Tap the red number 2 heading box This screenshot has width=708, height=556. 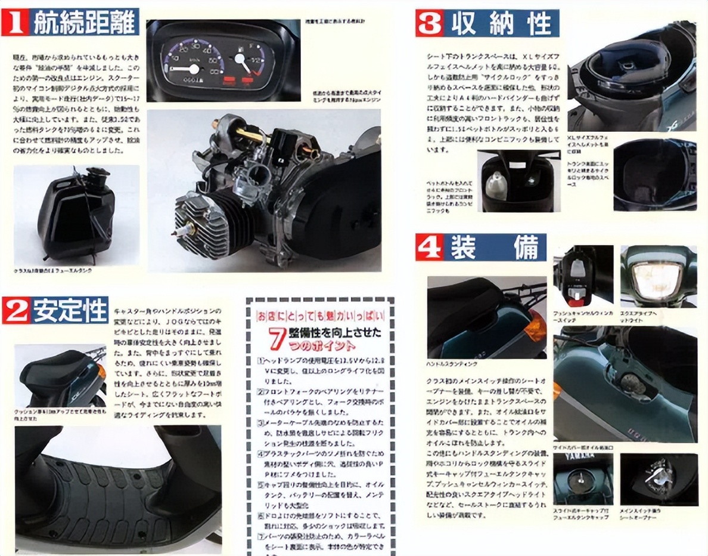click(16, 310)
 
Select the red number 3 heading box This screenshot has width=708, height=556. click(430, 23)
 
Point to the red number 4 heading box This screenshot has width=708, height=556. click(429, 247)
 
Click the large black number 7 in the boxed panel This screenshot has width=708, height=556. click(275, 337)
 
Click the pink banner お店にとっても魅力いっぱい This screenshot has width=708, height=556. click(320, 314)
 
